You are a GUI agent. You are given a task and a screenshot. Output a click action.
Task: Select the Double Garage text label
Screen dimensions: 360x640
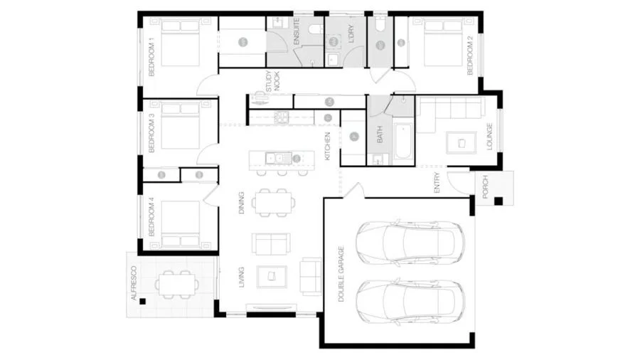(x=342, y=274)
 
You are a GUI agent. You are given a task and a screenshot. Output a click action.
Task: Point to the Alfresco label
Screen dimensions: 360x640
(x=134, y=282)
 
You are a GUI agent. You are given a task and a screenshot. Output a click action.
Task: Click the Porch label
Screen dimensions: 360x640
(x=485, y=187)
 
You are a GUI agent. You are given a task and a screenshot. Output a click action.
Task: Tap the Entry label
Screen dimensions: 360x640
(x=437, y=184)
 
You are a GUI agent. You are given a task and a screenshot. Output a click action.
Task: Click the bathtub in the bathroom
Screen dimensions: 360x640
(x=402, y=142)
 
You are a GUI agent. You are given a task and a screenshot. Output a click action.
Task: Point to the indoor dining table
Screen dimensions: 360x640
(x=272, y=203)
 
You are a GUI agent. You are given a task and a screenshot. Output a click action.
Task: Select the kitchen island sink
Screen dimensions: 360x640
(x=272, y=158)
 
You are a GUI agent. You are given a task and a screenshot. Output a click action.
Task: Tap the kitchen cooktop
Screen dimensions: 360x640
(x=281, y=117)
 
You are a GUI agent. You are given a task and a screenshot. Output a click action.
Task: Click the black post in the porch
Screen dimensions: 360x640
(x=498, y=201)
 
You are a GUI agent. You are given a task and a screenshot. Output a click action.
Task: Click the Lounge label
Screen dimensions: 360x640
(x=489, y=136)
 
